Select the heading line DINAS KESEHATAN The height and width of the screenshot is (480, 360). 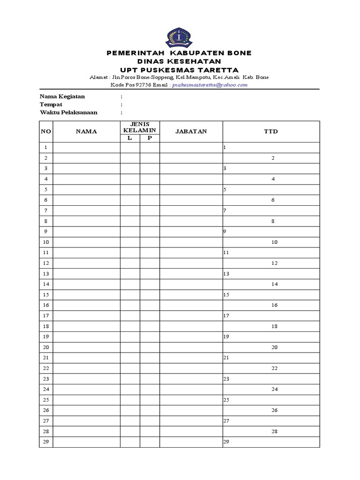tap(179, 61)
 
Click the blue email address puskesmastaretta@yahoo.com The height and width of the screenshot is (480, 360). tap(210, 85)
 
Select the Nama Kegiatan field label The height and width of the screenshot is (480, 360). tap(62, 96)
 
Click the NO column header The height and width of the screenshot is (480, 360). tap(46, 132)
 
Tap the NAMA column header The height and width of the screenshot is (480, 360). tap(86, 132)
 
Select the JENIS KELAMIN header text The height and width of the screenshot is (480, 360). tap(140, 127)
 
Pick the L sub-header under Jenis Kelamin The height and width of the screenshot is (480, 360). tap(130, 138)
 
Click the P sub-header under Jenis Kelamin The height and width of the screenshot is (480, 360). tap(150, 138)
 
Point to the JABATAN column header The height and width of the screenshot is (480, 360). tap(191, 132)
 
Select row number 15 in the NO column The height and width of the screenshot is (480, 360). tap(46, 295)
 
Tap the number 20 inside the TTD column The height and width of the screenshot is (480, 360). tap(274, 347)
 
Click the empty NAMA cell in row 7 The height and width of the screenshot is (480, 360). tap(86, 210)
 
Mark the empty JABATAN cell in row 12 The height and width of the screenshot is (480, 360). tap(191, 263)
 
